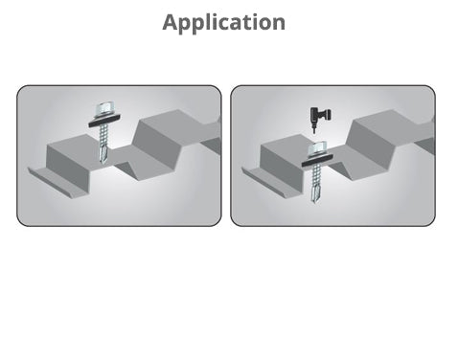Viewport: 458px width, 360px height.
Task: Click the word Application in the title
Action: tap(223, 22)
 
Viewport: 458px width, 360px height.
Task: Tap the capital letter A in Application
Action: tap(171, 22)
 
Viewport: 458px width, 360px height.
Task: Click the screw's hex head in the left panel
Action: tap(104, 109)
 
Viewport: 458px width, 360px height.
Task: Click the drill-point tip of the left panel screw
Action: tap(103, 162)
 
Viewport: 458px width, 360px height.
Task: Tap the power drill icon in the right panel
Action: tap(320, 116)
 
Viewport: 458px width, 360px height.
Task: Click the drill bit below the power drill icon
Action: tap(314, 128)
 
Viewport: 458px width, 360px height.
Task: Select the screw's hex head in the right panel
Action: tap(318, 149)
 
